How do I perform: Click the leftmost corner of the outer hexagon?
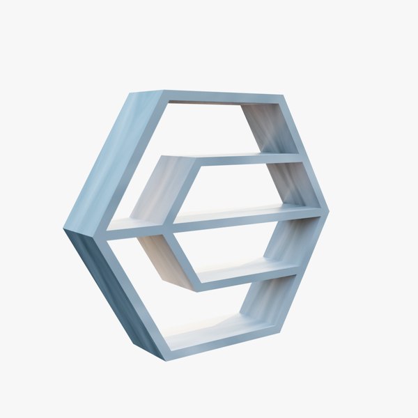(65, 229)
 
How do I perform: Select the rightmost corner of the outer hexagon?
(327, 208)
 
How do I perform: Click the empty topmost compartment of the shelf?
(209, 129)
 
